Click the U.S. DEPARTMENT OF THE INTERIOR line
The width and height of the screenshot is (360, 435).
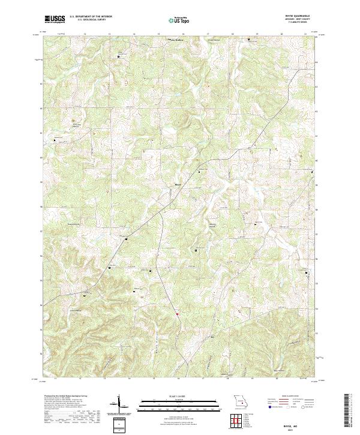point(91,17)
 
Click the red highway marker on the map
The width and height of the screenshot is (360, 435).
point(177,312)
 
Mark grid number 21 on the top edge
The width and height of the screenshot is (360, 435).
point(307,34)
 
